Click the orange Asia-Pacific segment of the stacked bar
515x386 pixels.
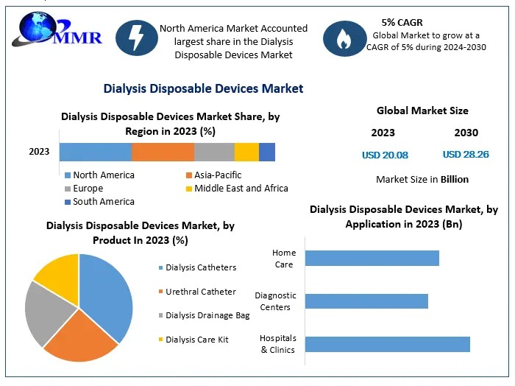click(163, 152)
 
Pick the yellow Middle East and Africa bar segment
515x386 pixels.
click(246, 152)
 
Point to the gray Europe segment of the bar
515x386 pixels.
click(214, 152)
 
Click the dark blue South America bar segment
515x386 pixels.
click(267, 152)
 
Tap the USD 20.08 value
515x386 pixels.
click(385, 155)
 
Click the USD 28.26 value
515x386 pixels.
click(466, 155)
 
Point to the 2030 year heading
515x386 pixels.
click(466, 133)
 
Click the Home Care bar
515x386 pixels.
click(372, 258)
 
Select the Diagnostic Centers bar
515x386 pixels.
click(366, 301)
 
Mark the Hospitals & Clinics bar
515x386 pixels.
click(387, 344)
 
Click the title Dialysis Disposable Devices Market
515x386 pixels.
click(203, 88)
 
